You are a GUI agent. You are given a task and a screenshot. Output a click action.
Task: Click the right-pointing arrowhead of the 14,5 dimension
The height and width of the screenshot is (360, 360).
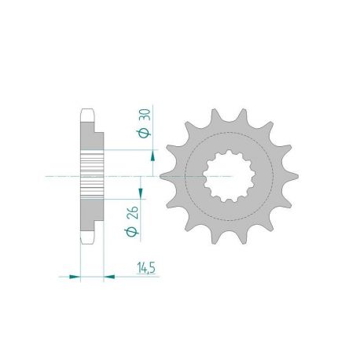coord(75,276)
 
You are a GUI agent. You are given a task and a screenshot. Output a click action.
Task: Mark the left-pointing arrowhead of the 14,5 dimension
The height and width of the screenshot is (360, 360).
coord(109,276)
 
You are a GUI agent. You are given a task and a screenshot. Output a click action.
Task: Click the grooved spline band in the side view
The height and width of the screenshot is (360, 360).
coord(92,175)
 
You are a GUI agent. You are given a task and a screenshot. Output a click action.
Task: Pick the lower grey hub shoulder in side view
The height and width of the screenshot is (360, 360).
coord(92,216)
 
